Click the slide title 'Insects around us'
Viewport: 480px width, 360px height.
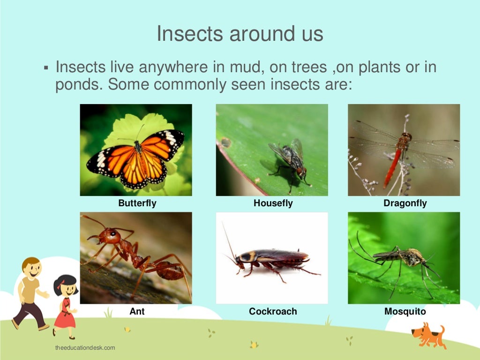tap(240, 34)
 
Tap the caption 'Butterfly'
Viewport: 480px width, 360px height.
tap(137, 203)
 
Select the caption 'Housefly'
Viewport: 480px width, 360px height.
tap(273, 203)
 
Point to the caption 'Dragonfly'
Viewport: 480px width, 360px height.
tap(405, 203)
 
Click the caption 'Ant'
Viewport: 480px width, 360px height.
tap(137, 311)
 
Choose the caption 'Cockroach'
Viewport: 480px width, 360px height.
tap(273, 311)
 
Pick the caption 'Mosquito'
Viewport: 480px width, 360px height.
tap(405, 311)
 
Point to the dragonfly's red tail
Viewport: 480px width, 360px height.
tap(393, 166)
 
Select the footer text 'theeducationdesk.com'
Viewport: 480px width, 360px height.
tap(85, 348)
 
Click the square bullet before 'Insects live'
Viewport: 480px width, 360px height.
tap(46, 68)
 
